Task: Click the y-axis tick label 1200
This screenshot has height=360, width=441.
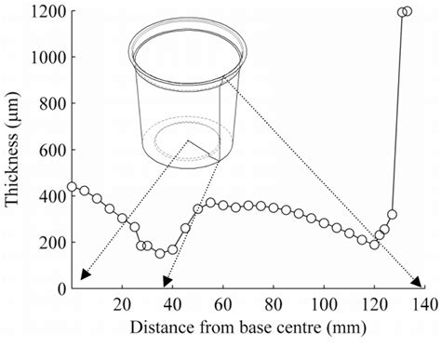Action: coord(40,12)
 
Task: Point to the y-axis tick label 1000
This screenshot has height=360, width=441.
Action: coord(40,58)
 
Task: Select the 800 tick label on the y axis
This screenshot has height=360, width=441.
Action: coord(44,104)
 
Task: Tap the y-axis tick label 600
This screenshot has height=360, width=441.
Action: coord(44,151)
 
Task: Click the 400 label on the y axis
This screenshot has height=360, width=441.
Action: coord(44,196)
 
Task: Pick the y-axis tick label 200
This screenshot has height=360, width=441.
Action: coord(44,243)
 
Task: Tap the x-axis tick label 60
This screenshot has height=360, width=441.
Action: coord(223,303)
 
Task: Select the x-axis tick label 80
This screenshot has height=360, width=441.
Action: coord(274,303)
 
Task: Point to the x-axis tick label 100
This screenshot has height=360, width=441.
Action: coord(324,303)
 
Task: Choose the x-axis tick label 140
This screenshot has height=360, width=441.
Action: coord(424,303)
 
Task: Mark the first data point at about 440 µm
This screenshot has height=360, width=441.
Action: coord(72,187)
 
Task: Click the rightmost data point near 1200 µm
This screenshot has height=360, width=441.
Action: coord(408,11)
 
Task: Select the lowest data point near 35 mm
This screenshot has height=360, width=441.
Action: coord(160,253)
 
